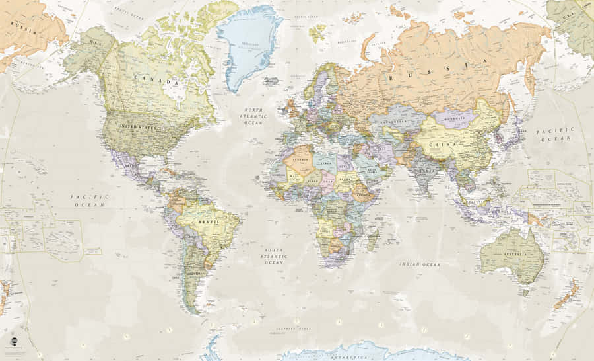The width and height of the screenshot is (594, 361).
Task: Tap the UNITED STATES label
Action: click(x=137, y=126)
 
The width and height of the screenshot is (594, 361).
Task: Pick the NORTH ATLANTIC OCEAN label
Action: click(x=253, y=116)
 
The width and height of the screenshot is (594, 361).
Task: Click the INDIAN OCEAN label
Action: click(x=419, y=264)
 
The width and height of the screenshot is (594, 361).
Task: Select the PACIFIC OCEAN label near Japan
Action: click(x=554, y=134)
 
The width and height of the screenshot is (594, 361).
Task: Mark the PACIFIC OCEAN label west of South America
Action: click(x=89, y=200)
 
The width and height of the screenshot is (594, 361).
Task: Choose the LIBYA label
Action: click(x=327, y=161)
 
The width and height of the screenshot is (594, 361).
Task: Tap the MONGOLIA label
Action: click(x=455, y=119)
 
